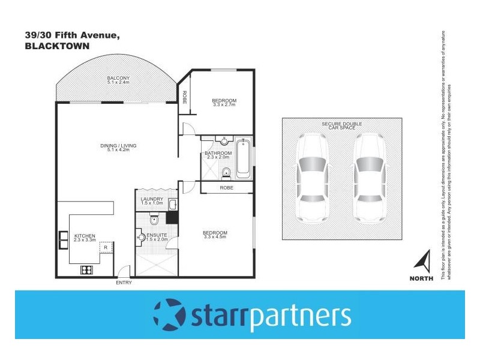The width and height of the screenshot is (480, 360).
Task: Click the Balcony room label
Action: tap(118, 80)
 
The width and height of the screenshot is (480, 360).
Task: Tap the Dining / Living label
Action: tap(118, 147)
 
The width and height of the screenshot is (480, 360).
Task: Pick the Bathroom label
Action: tap(218, 154)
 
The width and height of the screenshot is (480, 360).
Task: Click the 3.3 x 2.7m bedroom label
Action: tap(224, 103)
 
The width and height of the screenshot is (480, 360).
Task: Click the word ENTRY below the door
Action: tap(124, 283)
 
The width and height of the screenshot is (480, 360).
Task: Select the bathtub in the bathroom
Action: tap(243, 158)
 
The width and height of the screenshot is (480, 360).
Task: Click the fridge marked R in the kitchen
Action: tap(106, 247)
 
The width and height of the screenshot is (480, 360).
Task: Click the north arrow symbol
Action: tap(424, 261)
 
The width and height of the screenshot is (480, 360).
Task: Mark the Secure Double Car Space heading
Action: tap(341, 125)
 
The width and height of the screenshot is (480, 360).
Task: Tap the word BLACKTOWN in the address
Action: tap(57, 46)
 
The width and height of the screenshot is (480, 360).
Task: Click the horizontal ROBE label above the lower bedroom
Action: tap(226, 188)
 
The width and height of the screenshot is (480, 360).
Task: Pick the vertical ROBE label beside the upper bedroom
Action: tap(184, 96)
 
